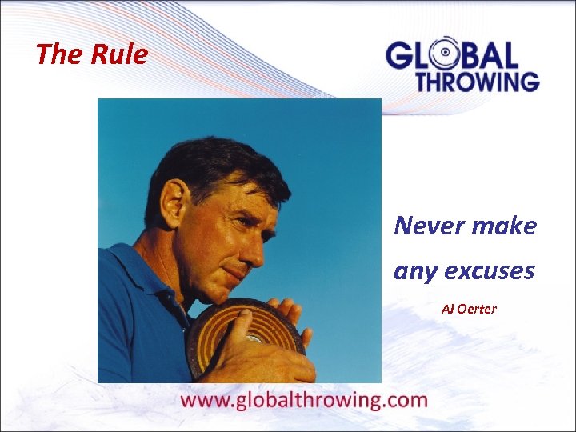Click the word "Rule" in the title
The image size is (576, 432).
(x=118, y=54)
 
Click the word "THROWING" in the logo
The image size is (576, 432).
(x=477, y=81)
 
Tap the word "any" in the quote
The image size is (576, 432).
(x=414, y=271)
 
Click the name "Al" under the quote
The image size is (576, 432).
(x=447, y=309)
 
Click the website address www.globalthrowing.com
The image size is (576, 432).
(x=305, y=400)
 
